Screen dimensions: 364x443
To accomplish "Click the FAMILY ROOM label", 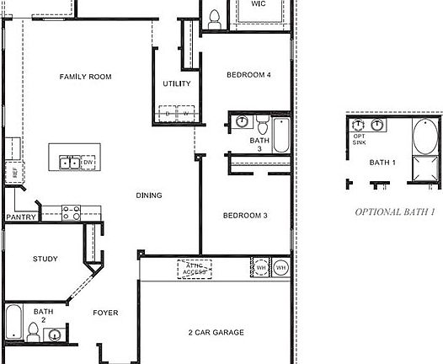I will [x=85, y=77].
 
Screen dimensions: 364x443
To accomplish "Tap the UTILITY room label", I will [x=176, y=83].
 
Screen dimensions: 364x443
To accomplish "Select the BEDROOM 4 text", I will [x=248, y=75].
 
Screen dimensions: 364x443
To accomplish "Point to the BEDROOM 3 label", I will [x=244, y=216].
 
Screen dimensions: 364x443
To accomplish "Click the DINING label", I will [x=149, y=195].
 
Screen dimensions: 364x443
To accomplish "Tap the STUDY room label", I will [x=45, y=259].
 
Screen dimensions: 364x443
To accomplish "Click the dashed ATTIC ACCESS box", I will [x=194, y=270].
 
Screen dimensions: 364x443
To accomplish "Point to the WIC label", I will [x=259, y=3].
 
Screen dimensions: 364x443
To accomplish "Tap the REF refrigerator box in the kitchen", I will [x=13, y=172].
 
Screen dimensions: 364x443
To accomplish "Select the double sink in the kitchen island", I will [x=70, y=163].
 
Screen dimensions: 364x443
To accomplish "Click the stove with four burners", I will [x=71, y=212].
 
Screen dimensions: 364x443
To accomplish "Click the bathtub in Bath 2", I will [x=14, y=319].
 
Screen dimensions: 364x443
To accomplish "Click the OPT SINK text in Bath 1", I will [x=360, y=139].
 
